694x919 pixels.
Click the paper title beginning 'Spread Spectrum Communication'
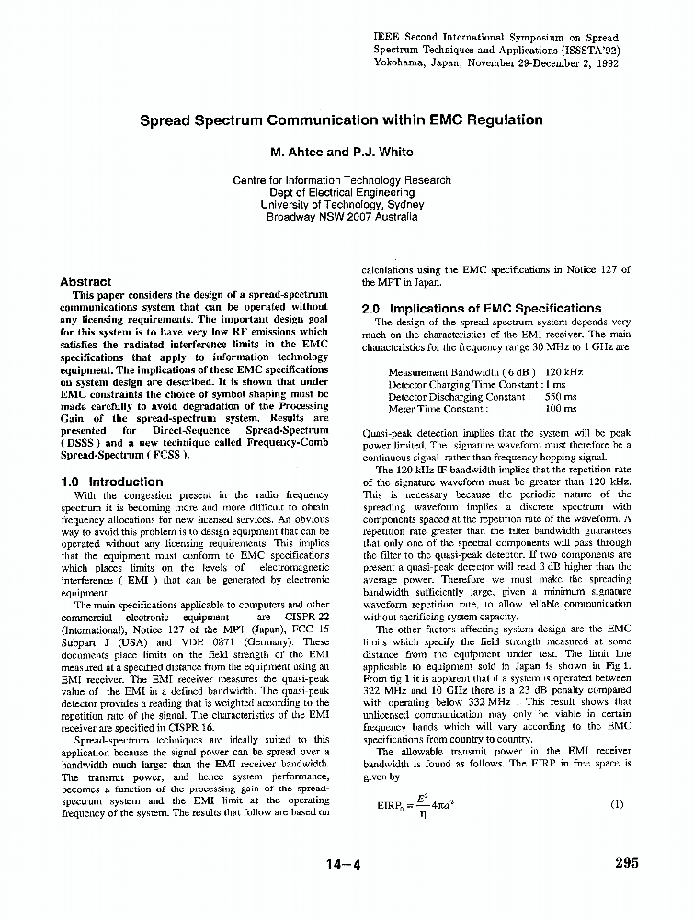click(x=341, y=120)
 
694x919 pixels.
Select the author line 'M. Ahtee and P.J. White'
click(x=341, y=152)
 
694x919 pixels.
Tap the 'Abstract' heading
click(x=85, y=282)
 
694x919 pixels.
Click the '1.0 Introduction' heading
click(x=111, y=482)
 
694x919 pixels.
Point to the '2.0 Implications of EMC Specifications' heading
click(x=482, y=309)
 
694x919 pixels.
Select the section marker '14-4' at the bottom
click(x=342, y=864)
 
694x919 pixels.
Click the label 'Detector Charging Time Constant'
click(x=464, y=385)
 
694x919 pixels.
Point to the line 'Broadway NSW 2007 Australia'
click(x=342, y=218)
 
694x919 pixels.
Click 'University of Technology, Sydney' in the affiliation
click(x=342, y=205)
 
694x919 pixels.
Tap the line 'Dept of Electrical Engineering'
click(x=342, y=193)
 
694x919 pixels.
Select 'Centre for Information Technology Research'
click(x=342, y=181)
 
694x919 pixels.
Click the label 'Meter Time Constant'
click(x=438, y=409)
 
